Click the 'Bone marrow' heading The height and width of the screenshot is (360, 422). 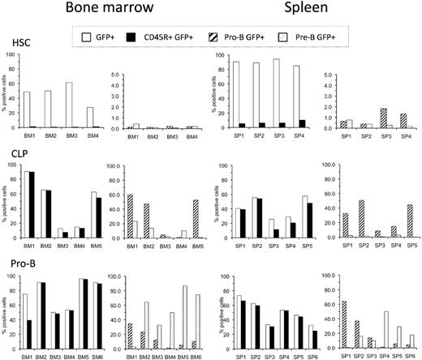point(101,10)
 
